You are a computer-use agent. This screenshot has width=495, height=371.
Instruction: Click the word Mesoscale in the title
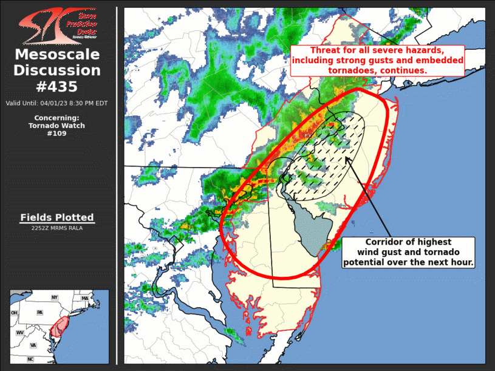57,55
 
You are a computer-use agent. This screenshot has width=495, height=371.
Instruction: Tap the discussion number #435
57,86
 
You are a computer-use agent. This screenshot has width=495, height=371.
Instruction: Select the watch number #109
56,134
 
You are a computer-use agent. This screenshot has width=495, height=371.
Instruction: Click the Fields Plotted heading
57,217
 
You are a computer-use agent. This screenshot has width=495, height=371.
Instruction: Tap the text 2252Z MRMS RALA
57,228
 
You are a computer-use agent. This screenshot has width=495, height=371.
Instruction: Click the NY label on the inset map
54,298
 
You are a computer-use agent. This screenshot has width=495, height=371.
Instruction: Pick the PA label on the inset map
40,312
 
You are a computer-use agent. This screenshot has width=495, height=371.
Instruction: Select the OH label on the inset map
14,313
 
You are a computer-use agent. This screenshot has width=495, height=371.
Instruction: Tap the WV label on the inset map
19,333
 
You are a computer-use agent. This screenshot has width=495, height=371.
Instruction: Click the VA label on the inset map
33,345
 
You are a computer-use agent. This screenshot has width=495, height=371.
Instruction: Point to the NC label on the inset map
30,359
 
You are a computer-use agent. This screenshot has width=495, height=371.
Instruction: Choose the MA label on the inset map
85,299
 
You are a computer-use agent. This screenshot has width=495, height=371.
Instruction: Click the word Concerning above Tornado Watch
56,118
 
